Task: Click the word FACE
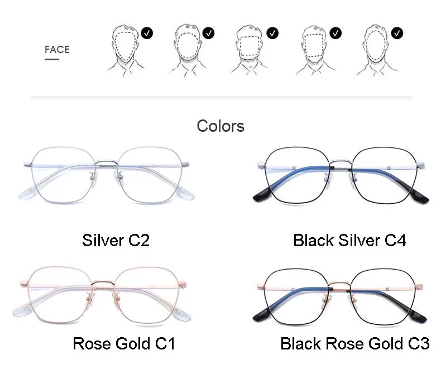[x=57, y=50]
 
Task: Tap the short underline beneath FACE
[x=51, y=59]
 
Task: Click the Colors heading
[x=220, y=126]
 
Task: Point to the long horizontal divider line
[x=221, y=98]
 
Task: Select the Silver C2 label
[x=116, y=241]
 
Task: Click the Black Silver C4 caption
[x=349, y=241]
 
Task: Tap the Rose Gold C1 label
[x=124, y=343]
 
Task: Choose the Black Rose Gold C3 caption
[x=354, y=343]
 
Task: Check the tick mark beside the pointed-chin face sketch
[x=147, y=33]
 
